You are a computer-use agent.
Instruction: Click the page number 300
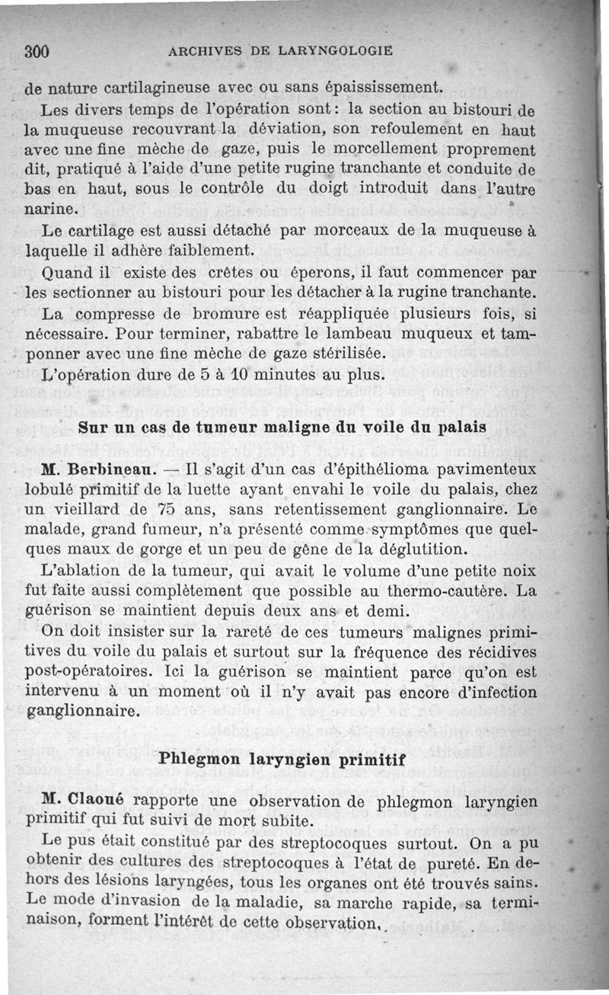pyautogui.click(x=37, y=52)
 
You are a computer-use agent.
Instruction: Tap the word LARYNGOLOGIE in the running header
pyautogui.click(x=336, y=51)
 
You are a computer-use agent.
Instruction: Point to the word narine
pyautogui.click(x=49, y=209)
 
